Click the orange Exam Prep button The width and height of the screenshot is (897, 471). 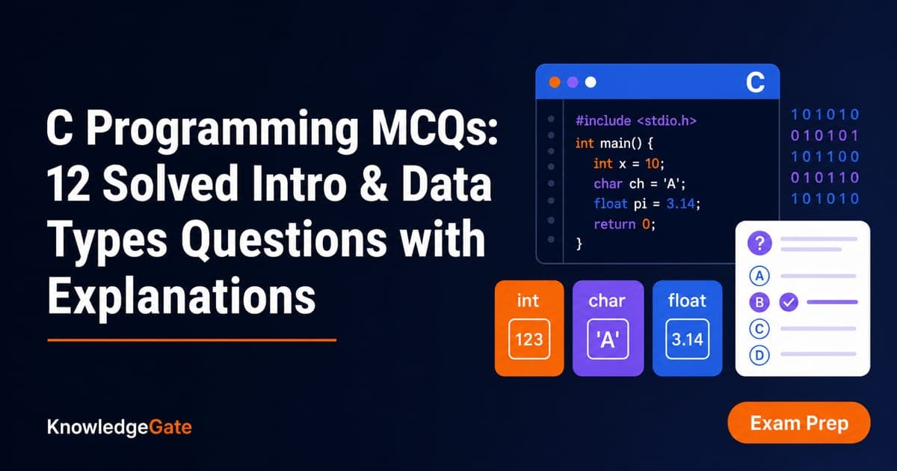tap(799, 423)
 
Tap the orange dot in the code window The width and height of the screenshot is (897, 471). tap(555, 82)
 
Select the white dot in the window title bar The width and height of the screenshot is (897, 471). tap(591, 82)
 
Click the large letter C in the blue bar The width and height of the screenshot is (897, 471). tap(755, 82)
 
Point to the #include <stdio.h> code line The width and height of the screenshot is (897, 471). tap(636, 120)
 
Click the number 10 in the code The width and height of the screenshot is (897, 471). tap(652, 164)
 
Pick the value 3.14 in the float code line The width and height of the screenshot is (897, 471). tap(680, 204)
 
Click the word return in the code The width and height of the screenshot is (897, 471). tap(614, 224)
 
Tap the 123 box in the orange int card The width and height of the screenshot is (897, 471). tap(529, 339)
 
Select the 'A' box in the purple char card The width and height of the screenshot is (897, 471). tap(608, 339)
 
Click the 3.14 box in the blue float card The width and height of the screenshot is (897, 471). tap(687, 339)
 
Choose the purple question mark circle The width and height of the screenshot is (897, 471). tap(759, 243)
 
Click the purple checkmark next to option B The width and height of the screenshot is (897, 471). tap(789, 302)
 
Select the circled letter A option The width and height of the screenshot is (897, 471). tap(759, 276)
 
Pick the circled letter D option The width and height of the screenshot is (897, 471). tap(759, 355)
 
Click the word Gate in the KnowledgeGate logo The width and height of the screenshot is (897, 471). tap(170, 427)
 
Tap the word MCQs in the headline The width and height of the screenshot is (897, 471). tap(434, 128)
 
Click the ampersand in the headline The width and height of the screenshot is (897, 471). tap(374, 184)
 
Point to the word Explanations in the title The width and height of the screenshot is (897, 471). tap(182, 296)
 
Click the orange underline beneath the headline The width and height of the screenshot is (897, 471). tap(192, 340)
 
